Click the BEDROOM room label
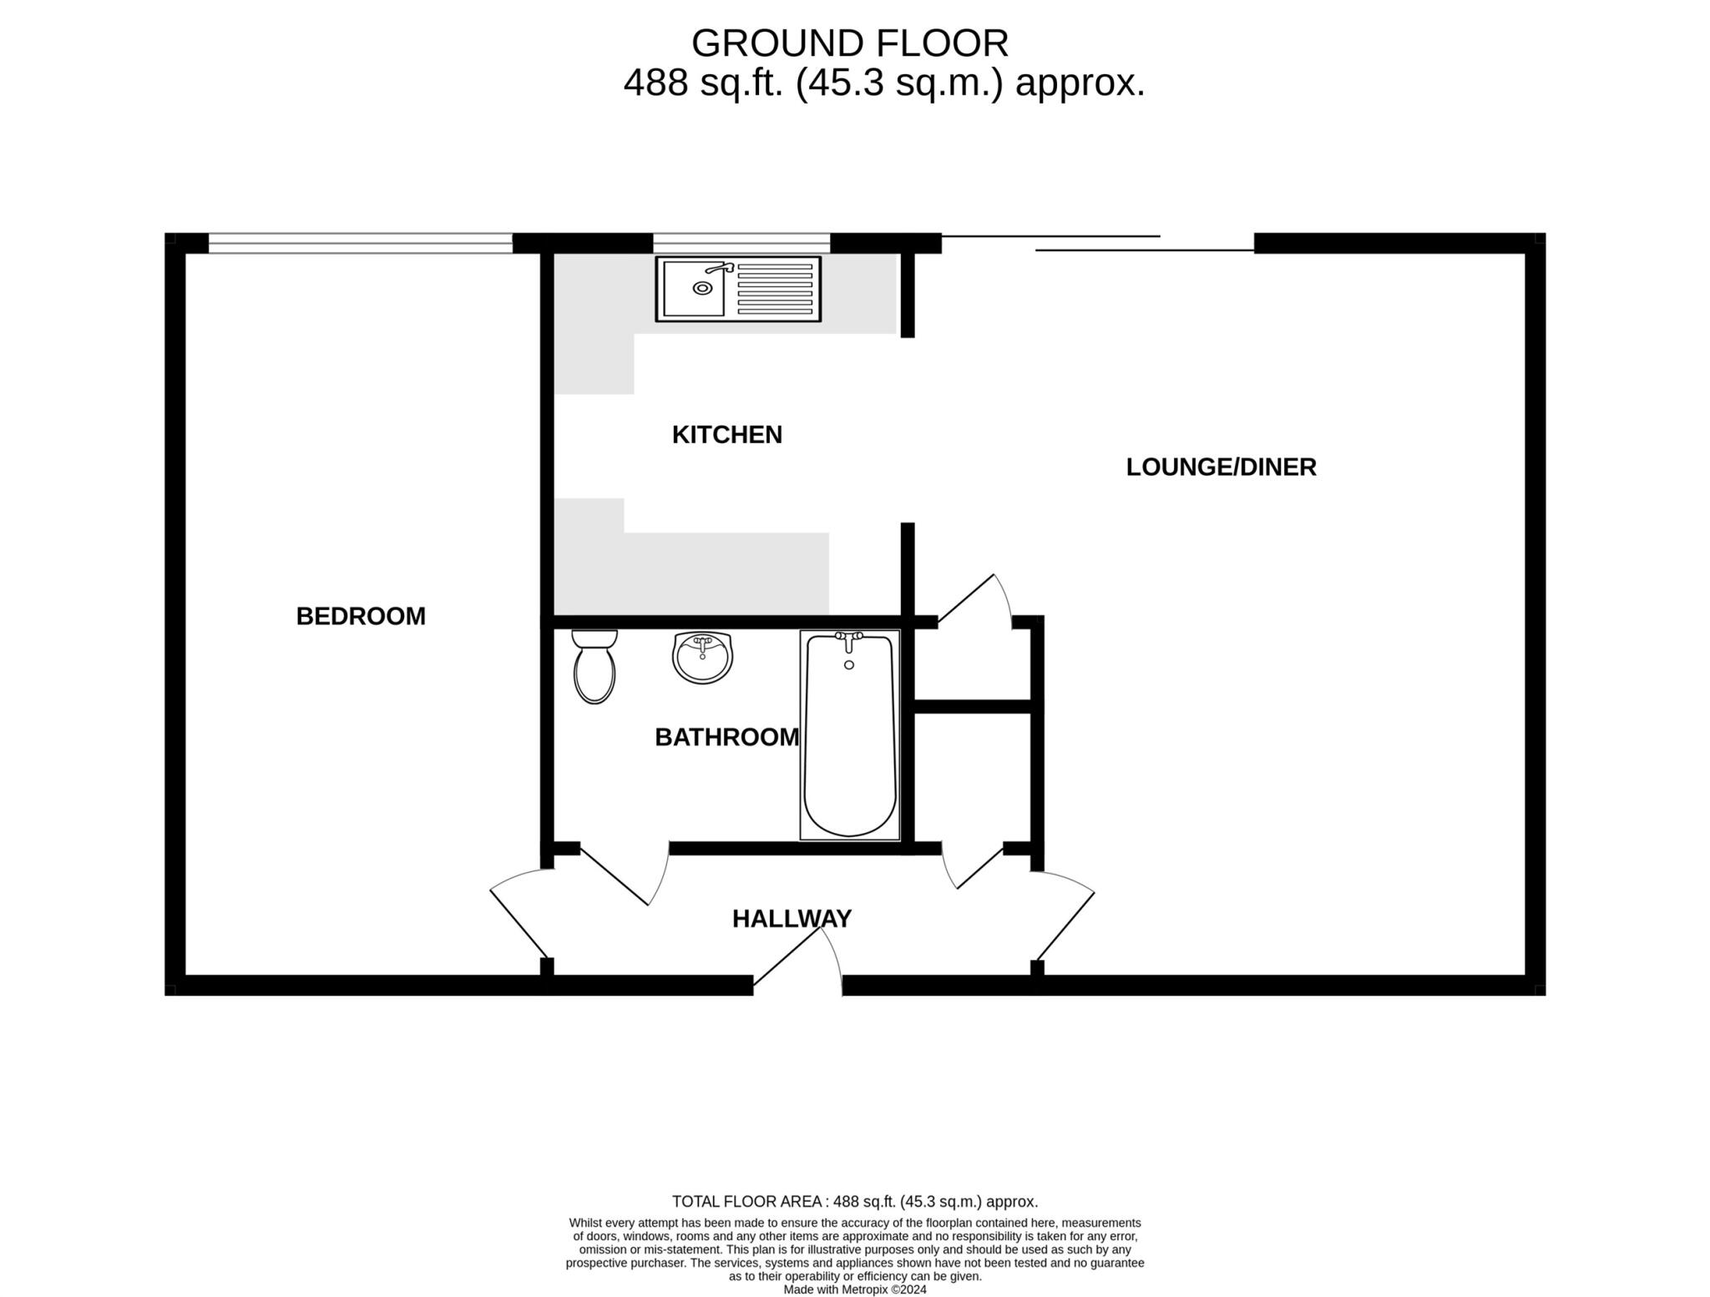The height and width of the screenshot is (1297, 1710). [x=361, y=616]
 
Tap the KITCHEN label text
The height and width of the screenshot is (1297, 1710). [x=726, y=434]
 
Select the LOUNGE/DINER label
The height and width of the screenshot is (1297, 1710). [x=1221, y=467]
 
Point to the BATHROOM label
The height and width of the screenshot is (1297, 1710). [x=726, y=737]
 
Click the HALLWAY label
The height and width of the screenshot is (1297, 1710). [x=792, y=918]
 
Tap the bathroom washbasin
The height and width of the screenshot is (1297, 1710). [x=702, y=658]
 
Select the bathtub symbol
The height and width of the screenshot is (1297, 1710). [x=849, y=734]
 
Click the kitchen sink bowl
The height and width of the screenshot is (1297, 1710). [x=694, y=289]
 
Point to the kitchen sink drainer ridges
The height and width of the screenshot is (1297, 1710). [x=775, y=289]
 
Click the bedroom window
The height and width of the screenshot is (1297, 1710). [x=360, y=243]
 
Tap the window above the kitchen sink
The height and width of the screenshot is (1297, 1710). [x=741, y=243]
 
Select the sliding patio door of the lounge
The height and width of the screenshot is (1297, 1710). [x=1098, y=243]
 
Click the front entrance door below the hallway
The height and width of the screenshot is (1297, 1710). [x=797, y=960]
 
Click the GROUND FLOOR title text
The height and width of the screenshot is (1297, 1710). [x=849, y=43]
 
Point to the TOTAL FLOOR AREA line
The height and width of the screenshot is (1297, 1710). [x=854, y=1202]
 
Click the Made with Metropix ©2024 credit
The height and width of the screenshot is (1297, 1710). [x=854, y=1289]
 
